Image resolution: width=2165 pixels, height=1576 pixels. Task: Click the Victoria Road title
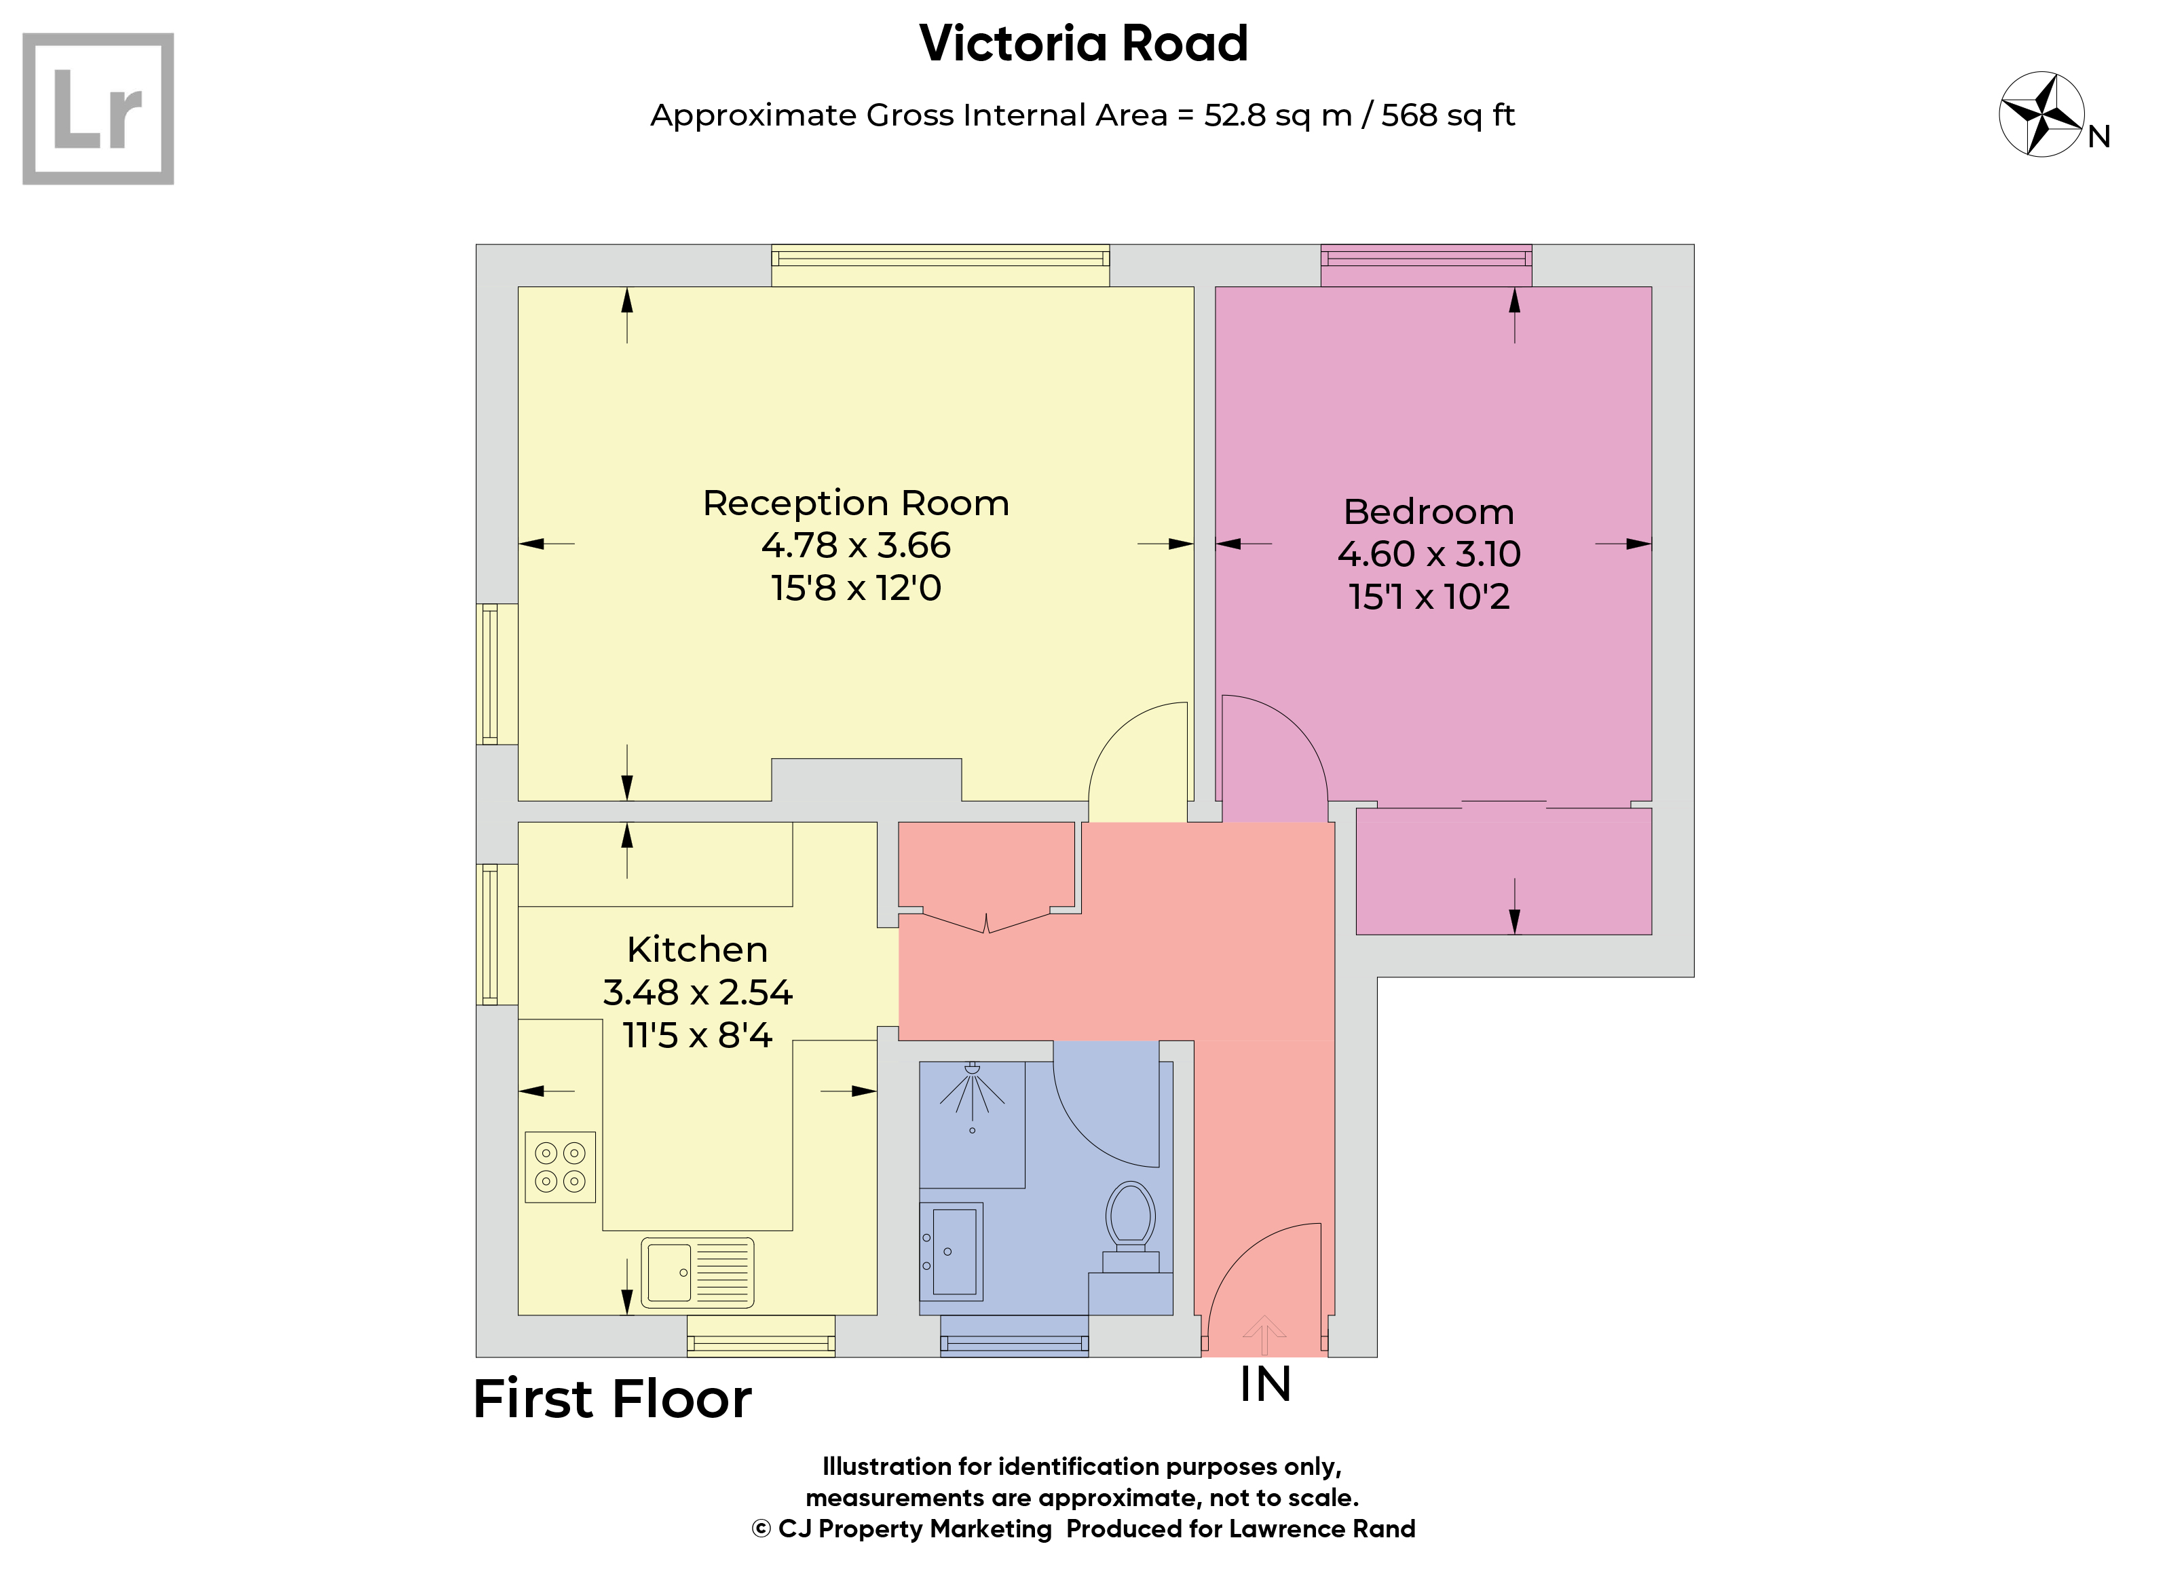pyautogui.click(x=1083, y=44)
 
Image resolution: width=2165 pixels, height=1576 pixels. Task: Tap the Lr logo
pyautogui.click(x=98, y=109)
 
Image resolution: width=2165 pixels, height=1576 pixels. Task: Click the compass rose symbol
pyautogui.click(x=2042, y=113)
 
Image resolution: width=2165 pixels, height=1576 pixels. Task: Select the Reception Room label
pyautogui.click(x=856, y=503)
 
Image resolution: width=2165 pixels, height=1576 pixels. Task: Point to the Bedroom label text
pyautogui.click(x=1429, y=512)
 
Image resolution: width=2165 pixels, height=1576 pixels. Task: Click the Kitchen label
pyautogui.click(x=698, y=950)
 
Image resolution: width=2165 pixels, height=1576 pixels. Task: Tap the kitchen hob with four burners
pyautogui.click(x=561, y=1167)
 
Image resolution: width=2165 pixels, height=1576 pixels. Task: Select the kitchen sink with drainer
pyautogui.click(x=698, y=1273)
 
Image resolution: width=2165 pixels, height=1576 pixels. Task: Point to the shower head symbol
pyautogui.click(x=972, y=1097)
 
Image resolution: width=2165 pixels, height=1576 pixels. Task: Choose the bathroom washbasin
pyautogui.click(x=952, y=1252)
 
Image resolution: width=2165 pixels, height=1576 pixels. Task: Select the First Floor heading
pyautogui.click(x=613, y=1400)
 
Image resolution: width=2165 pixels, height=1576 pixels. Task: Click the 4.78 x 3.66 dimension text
pyautogui.click(x=856, y=545)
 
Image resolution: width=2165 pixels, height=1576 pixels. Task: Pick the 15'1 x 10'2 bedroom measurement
pyautogui.click(x=1429, y=597)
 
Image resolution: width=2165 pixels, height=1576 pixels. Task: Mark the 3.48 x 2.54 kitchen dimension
pyautogui.click(x=698, y=993)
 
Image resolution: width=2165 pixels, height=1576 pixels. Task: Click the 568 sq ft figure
pyautogui.click(x=1448, y=115)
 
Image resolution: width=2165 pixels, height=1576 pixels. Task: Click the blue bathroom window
pyautogui.click(x=1015, y=1336)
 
